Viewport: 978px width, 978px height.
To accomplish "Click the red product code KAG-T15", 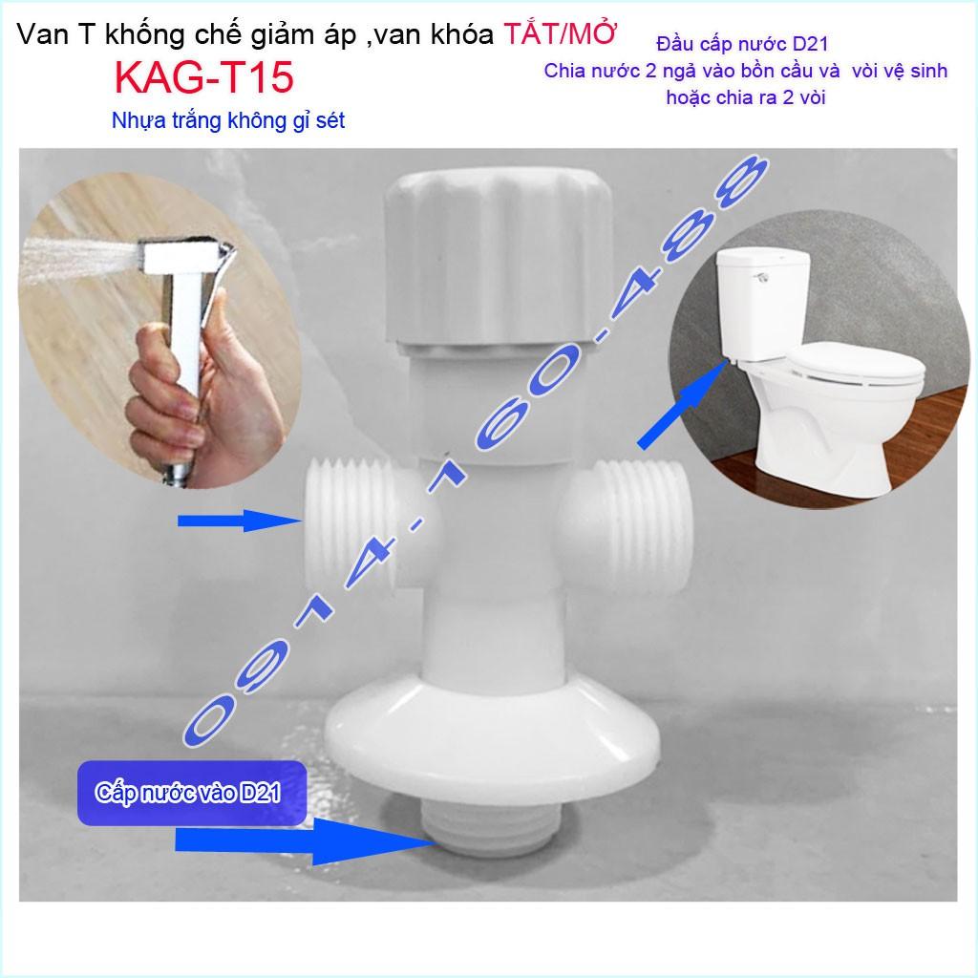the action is pyautogui.click(x=204, y=77).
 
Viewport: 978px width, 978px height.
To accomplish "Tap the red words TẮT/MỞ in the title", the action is pyautogui.click(x=560, y=34).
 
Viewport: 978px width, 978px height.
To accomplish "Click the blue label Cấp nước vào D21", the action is pyautogui.click(x=188, y=792).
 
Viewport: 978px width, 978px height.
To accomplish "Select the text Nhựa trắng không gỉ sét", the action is pyautogui.click(x=228, y=120).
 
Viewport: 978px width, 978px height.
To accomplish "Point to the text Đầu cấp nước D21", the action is pyautogui.click(x=742, y=44).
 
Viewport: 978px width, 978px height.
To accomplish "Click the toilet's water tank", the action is pyautogui.click(x=763, y=305).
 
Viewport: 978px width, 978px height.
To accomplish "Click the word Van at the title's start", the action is pyautogui.click(x=42, y=35).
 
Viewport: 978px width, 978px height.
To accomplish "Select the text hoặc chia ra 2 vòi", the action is pyautogui.click(x=745, y=98).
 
